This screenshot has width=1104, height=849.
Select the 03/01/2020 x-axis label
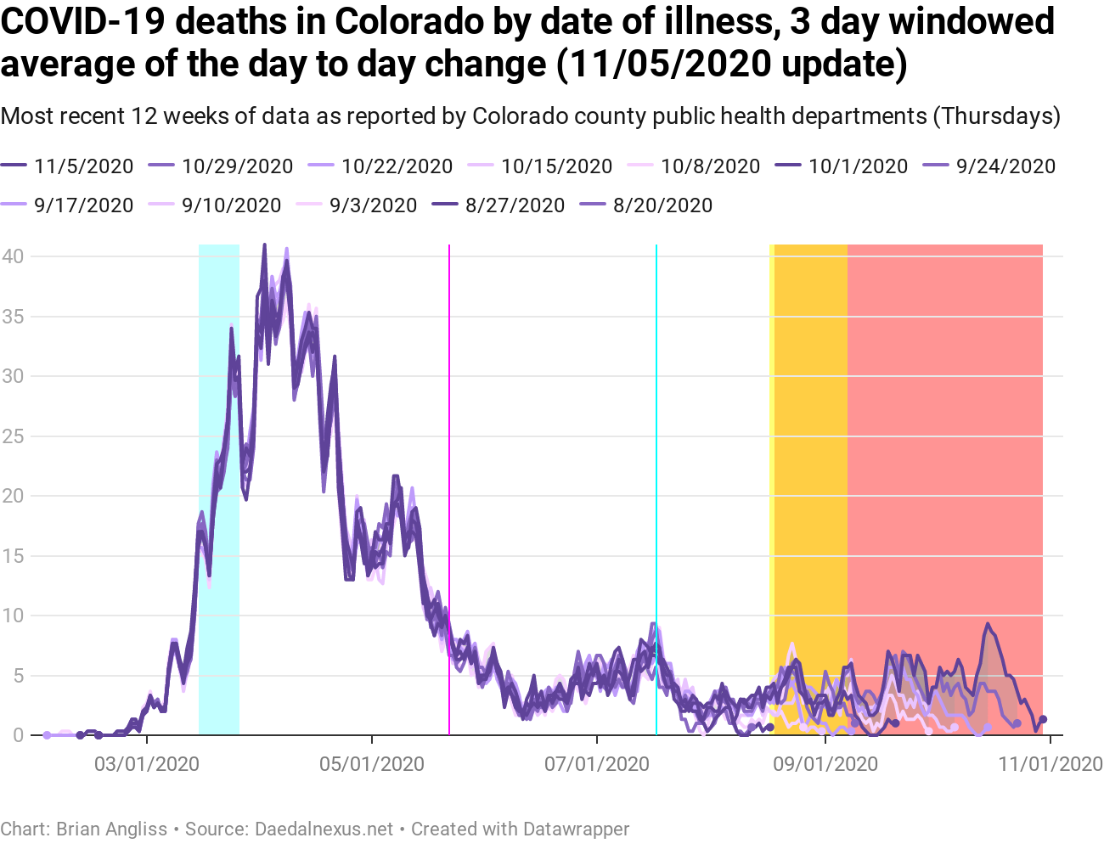147,764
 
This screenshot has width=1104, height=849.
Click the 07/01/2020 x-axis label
597,764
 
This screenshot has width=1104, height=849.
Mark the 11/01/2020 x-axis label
1050,764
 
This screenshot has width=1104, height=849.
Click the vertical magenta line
449,424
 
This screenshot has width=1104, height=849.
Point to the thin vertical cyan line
656,424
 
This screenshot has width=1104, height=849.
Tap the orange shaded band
810,424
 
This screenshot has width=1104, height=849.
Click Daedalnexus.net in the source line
324,829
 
